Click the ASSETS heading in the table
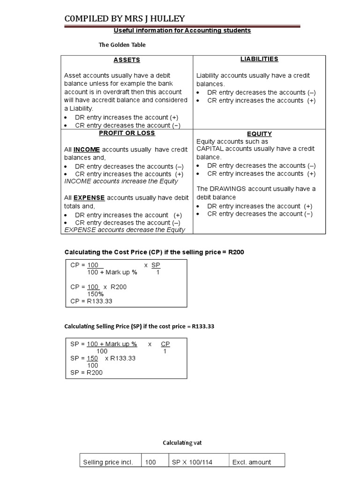pyautogui.click(x=127, y=60)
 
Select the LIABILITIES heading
pyautogui.click(x=259, y=59)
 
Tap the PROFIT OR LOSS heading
pyautogui.click(x=127, y=133)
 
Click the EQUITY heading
pyautogui.click(x=259, y=134)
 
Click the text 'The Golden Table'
pyautogui.click(x=122, y=45)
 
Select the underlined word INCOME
pyautogui.click(x=86, y=150)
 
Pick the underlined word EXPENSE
pyautogui.click(x=88, y=198)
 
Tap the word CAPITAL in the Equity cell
pyautogui.click(x=211, y=149)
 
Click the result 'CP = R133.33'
pyautogui.click(x=91, y=301)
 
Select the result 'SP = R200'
pyautogui.click(x=86, y=373)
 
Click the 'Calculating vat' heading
pyautogui.click(x=182, y=443)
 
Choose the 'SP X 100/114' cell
pyautogui.click(x=192, y=462)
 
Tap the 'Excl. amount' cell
pyautogui.click(x=252, y=462)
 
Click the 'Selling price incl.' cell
pyautogui.click(x=108, y=462)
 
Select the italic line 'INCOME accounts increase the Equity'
pyautogui.click(x=121, y=181)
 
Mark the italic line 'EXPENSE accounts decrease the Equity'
pyautogui.click(x=125, y=230)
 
